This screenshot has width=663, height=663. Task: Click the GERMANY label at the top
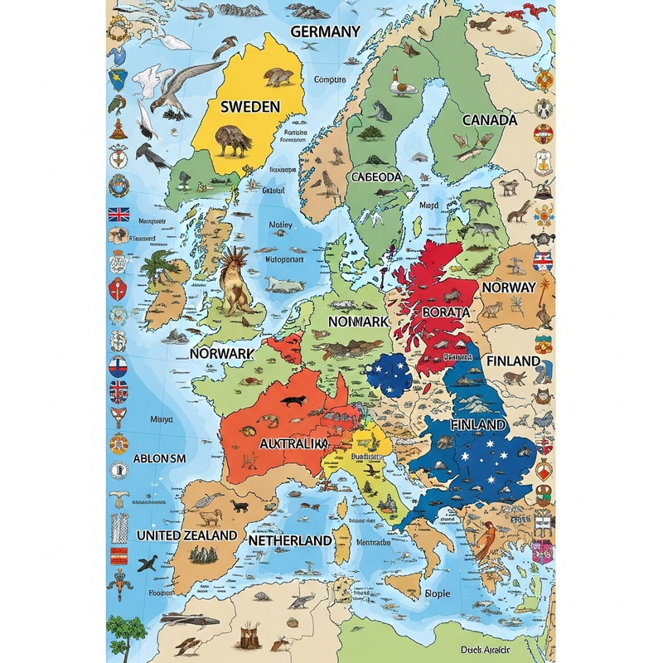(326, 31)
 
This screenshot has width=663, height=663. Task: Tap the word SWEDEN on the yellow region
(250, 106)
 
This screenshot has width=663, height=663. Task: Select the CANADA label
(489, 119)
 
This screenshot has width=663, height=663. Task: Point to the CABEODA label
(376, 177)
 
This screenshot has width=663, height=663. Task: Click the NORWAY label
(508, 287)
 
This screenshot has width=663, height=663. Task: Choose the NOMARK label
(358, 321)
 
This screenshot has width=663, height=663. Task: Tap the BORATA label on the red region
(446, 312)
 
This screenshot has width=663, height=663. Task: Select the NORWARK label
(221, 353)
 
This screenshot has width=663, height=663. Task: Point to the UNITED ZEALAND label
(186, 535)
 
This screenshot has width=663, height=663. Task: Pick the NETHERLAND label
(290, 540)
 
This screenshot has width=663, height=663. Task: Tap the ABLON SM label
(161, 458)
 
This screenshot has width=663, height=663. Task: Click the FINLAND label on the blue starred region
(478, 423)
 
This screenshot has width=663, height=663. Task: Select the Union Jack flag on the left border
(119, 214)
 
